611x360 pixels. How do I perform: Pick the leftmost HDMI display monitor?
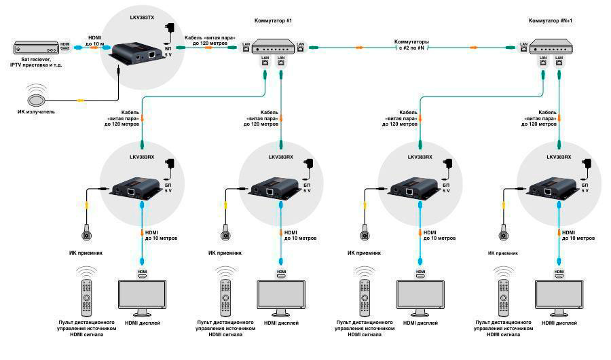[143, 296]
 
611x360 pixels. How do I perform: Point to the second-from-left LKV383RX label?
[276, 158]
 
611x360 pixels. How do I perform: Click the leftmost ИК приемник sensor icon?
[87, 236]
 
